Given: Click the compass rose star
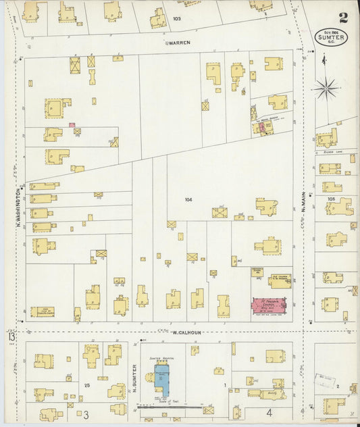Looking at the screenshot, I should point(326,86).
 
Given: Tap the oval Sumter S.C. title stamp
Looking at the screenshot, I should point(331,36).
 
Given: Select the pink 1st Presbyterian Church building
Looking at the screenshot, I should point(270,305).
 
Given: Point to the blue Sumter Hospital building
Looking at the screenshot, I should point(163,378).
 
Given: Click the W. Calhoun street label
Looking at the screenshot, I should point(183,332).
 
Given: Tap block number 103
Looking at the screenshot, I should point(177,18).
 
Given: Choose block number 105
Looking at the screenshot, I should point(330,199).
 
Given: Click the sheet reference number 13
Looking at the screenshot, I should point(10,336).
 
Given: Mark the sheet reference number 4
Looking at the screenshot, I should point(268,411).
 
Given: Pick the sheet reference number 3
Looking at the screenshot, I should point(86,413).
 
